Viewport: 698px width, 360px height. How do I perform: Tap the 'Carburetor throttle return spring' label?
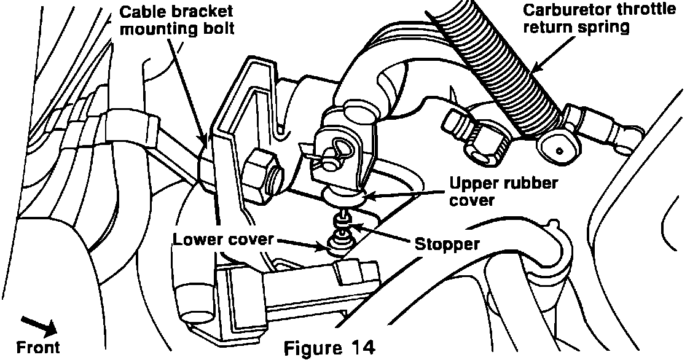click(x=599, y=19)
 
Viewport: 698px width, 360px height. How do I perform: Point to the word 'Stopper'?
click(x=447, y=244)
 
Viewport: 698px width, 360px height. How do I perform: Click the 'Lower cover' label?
click(x=222, y=239)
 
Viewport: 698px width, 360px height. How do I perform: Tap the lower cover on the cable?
click(x=337, y=245)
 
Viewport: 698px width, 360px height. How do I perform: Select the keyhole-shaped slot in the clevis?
click(x=337, y=147)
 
